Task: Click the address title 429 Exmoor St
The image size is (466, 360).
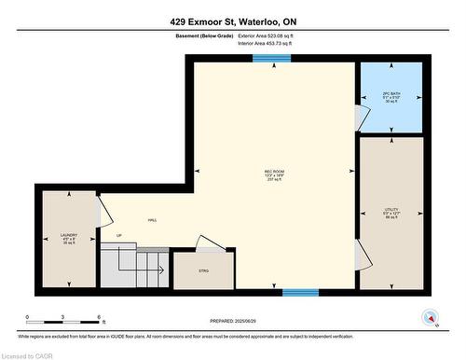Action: (232, 21)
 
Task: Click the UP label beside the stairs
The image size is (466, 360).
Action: (118, 235)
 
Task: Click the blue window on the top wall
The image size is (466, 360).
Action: (272, 58)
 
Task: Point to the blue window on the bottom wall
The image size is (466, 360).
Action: (301, 292)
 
